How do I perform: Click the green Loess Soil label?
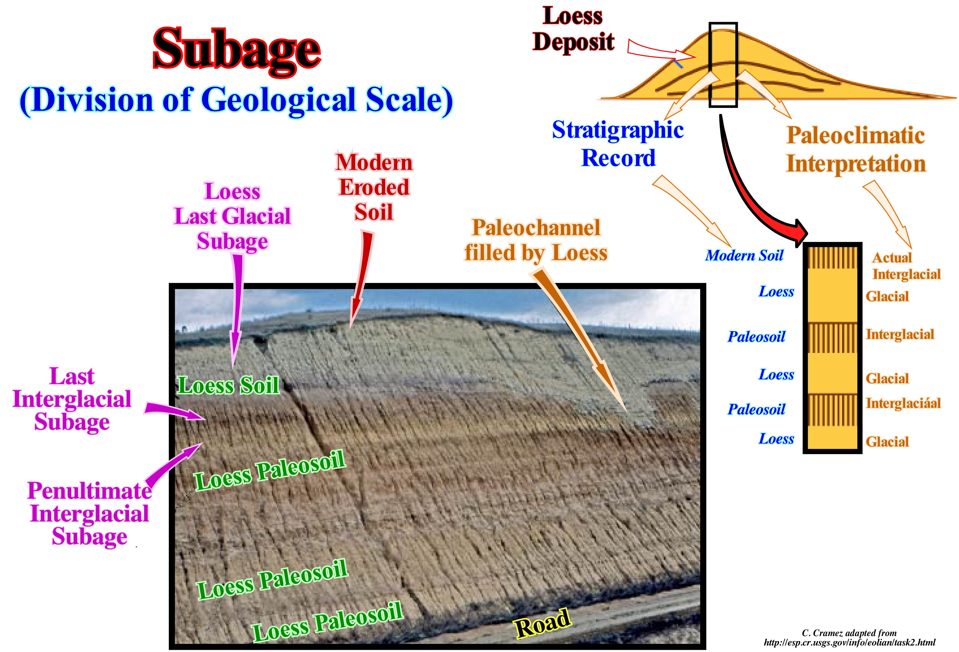click(228, 385)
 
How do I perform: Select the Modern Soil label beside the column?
click(744, 256)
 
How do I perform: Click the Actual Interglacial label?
click(906, 266)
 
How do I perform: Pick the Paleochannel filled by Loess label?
click(536, 240)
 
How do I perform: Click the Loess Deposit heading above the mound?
click(573, 29)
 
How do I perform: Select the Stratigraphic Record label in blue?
click(618, 144)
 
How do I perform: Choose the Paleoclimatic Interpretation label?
click(855, 149)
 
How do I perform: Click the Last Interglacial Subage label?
click(72, 399)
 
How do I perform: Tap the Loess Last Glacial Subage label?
click(232, 216)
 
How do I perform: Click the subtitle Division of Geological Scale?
click(236, 100)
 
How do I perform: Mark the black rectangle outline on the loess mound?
click(723, 65)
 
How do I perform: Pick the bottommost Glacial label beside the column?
click(887, 442)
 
